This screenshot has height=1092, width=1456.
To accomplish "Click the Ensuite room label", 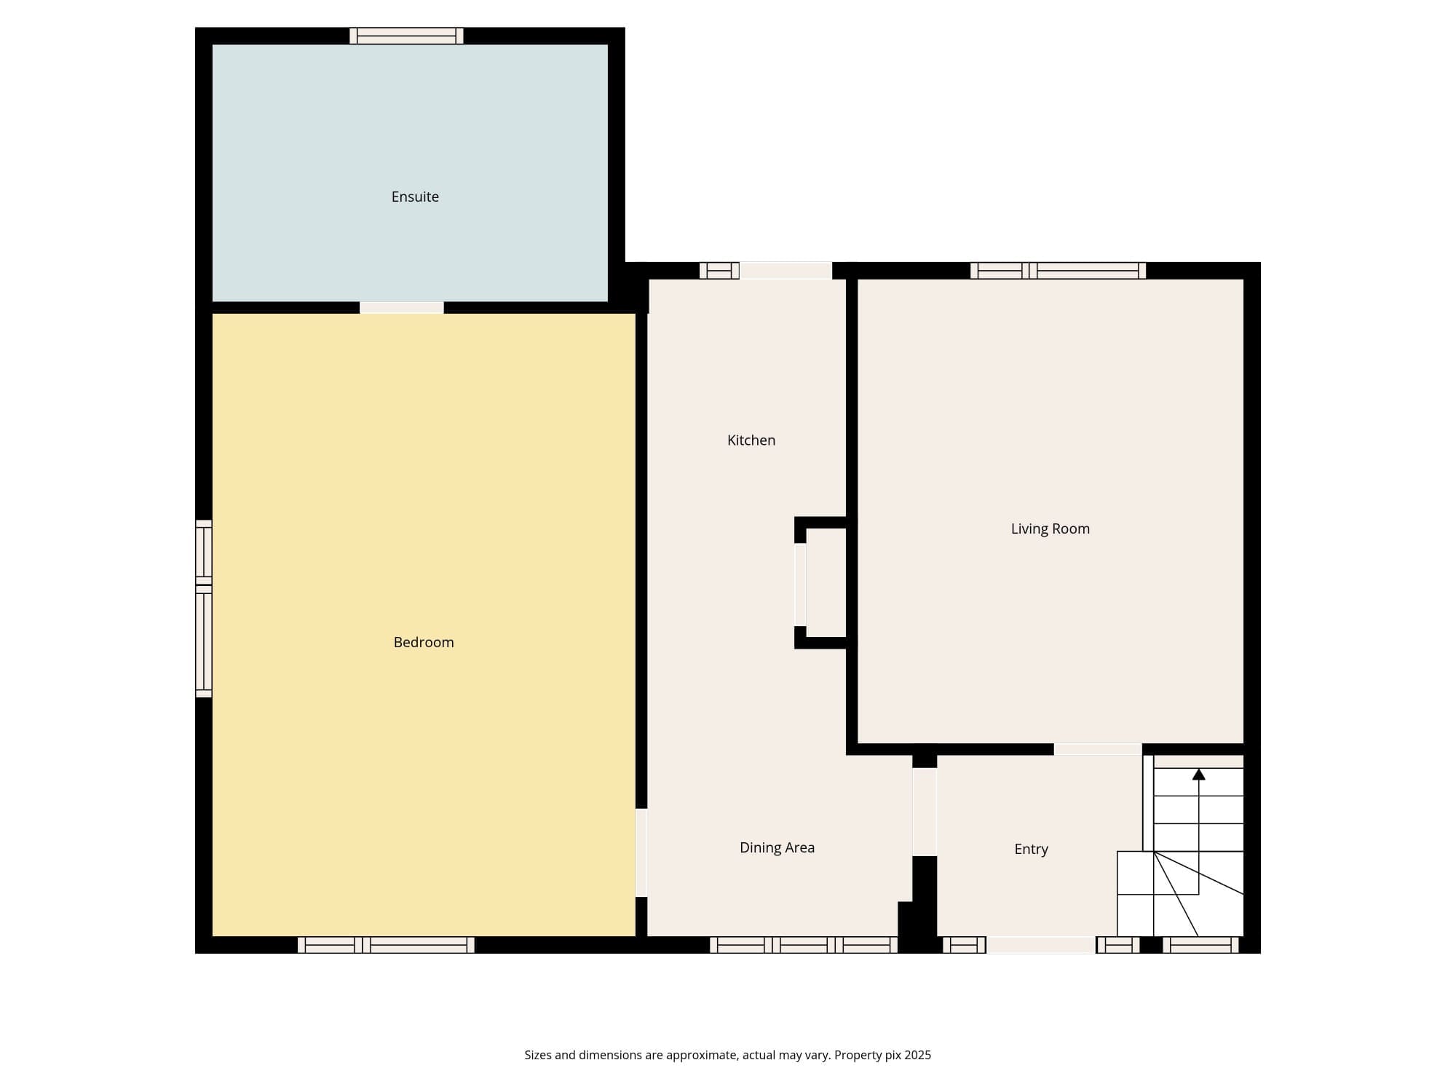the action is click(x=415, y=197).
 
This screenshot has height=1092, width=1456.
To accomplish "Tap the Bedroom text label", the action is click(x=424, y=642).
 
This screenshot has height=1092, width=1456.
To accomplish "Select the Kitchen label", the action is click(x=751, y=440).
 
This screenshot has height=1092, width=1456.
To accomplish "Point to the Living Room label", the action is click(x=1051, y=529).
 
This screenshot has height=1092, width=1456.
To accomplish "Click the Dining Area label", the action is click(x=777, y=847).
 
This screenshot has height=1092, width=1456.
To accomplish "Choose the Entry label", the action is click(x=1032, y=849).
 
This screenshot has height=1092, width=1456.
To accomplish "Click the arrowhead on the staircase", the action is click(x=1198, y=775).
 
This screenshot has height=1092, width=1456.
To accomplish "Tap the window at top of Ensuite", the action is click(x=406, y=36).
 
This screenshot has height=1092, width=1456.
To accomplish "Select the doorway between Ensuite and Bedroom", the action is click(x=402, y=308).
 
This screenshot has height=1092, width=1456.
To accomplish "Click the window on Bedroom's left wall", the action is click(x=204, y=609).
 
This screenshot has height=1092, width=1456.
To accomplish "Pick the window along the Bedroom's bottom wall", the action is click(x=386, y=945).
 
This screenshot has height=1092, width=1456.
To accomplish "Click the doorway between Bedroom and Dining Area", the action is click(x=641, y=852).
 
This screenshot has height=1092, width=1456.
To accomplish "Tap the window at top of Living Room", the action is click(x=1058, y=271).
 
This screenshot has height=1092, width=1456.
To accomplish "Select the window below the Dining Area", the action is click(x=804, y=945).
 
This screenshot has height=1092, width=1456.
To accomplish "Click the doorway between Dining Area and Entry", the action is click(x=925, y=812).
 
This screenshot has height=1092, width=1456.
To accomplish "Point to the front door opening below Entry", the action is click(x=1040, y=945).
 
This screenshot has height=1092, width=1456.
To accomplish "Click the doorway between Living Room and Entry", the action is click(x=1098, y=749).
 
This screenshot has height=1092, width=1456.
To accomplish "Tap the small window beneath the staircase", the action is click(x=1200, y=945).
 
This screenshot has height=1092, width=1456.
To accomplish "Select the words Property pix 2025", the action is click(x=882, y=1056).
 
